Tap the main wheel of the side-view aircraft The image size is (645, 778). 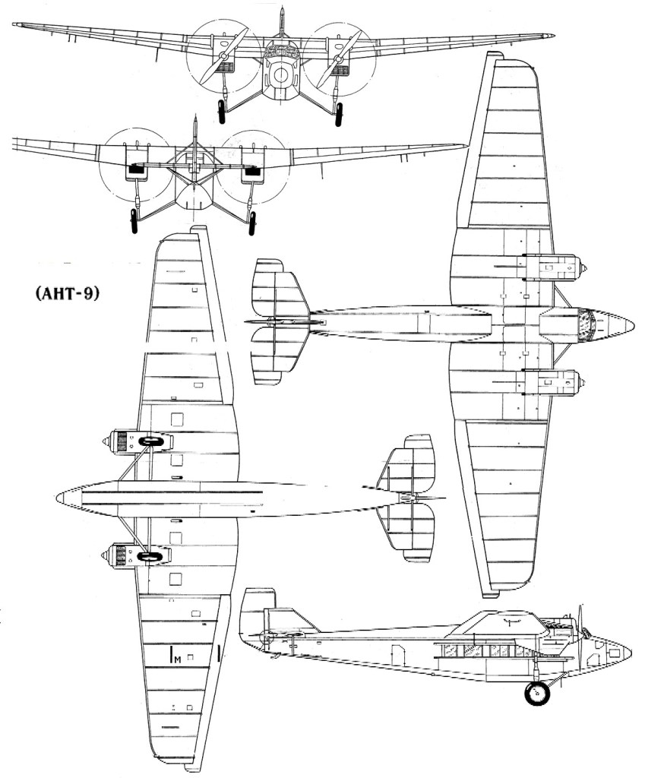[537, 693]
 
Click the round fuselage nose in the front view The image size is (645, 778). [280, 74]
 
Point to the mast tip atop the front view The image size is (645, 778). [282, 10]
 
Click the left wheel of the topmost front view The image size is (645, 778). [222, 111]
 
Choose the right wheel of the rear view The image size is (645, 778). [253, 221]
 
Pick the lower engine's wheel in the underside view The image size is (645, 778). [149, 557]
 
